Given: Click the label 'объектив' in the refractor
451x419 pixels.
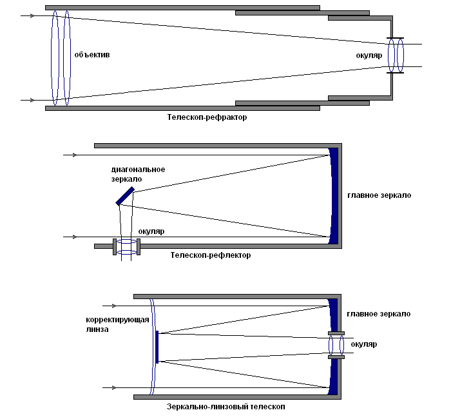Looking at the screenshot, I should point(91,55).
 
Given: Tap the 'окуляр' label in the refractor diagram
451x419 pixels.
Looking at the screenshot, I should point(369,55).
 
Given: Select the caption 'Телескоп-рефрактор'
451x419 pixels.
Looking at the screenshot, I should point(207,119).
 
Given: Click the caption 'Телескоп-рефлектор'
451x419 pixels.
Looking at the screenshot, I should point(211,255).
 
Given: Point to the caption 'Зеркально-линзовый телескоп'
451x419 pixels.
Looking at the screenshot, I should point(225,407).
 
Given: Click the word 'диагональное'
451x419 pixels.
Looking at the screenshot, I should point(138,170).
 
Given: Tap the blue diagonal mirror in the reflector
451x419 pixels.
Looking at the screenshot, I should point(125,196).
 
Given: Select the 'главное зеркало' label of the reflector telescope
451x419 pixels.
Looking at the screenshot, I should point(379,195).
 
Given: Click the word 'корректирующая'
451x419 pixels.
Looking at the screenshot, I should point(117,320).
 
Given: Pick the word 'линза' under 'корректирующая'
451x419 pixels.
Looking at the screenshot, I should point(97,329).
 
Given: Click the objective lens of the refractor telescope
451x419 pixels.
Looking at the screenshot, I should point(60,57).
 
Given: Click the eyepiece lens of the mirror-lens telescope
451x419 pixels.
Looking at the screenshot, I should point(336,345).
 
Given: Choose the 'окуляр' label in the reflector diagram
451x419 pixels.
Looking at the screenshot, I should point(151,230).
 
